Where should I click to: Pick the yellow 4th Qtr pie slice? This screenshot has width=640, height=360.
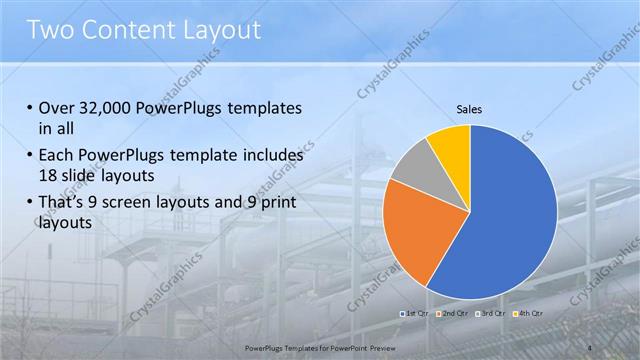click(451, 145)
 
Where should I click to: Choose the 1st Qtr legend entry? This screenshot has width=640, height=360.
click(416, 313)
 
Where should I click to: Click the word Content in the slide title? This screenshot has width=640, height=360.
click(134, 30)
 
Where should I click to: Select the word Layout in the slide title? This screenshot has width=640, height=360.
click(226, 30)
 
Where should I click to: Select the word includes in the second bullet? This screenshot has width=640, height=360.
click(265, 156)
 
